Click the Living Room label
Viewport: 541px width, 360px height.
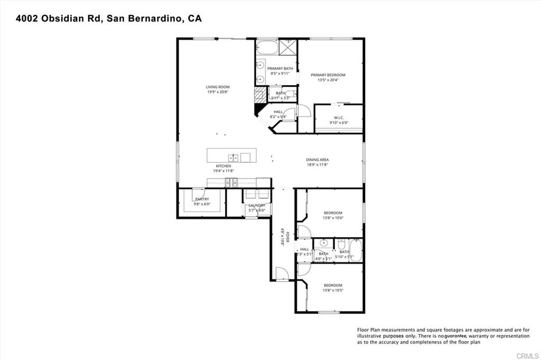click(x=218, y=87)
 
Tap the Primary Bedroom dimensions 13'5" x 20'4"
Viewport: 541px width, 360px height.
click(x=328, y=80)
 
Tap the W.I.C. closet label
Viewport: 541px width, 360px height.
click(x=339, y=118)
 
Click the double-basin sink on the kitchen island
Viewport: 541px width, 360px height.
click(x=233, y=157)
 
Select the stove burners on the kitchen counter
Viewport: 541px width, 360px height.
click(x=231, y=183)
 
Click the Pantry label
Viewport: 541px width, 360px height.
click(x=202, y=199)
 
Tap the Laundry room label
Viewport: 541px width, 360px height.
click(x=257, y=205)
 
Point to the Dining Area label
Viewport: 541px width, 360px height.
click(x=318, y=160)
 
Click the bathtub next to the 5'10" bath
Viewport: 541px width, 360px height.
click(x=355, y=251)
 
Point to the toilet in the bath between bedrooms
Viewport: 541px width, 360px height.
click(x=341, y=245)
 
